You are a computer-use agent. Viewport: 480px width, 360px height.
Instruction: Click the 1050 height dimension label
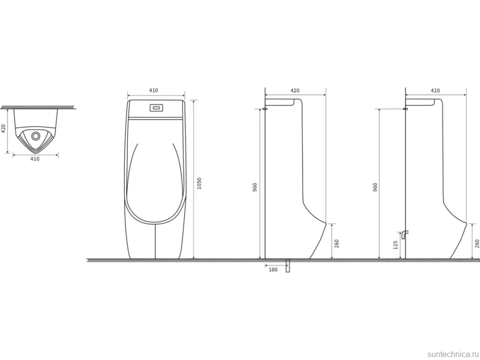(199, 183)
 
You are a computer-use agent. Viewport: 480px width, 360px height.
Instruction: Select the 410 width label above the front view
(153, 90)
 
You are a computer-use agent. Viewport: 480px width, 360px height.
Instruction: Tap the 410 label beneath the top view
(35, 159)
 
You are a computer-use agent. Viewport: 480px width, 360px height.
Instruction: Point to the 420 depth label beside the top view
(3, 129)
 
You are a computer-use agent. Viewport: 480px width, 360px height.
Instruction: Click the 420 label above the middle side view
(295, 90)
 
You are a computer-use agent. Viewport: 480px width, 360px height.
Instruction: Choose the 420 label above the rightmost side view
(435, 90)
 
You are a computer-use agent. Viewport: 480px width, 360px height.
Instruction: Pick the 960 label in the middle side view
(255, 187)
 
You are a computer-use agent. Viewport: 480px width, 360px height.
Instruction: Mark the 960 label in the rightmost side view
(375, 187)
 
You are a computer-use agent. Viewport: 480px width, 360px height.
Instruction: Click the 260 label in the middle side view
(336, 243)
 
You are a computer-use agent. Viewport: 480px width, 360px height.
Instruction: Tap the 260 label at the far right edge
(477, 243)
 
